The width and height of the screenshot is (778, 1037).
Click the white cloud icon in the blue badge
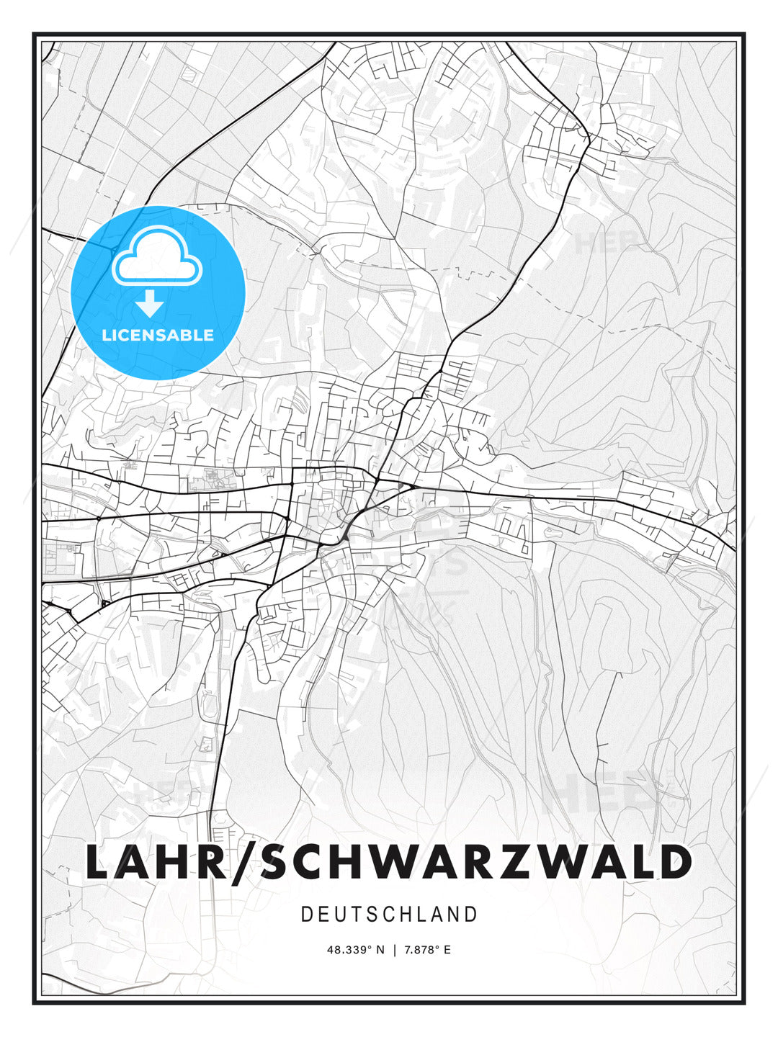tap(158, 257)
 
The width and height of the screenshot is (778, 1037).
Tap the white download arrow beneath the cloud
tap(150, 304)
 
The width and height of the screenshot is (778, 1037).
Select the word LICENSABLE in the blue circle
tap(158, 335)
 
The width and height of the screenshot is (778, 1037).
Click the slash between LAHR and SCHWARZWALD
tap(243, 861)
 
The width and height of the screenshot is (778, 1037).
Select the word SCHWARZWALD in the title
tap(475, 861)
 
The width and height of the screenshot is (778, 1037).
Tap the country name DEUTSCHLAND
tap(389, 915)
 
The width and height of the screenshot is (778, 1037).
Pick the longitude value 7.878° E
tap(426, 950)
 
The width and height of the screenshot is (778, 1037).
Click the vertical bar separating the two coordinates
tap(394, 950)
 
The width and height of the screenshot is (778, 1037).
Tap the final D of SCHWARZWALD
tap(674, 861)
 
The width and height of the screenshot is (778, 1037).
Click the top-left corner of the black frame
tap(34, 34)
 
